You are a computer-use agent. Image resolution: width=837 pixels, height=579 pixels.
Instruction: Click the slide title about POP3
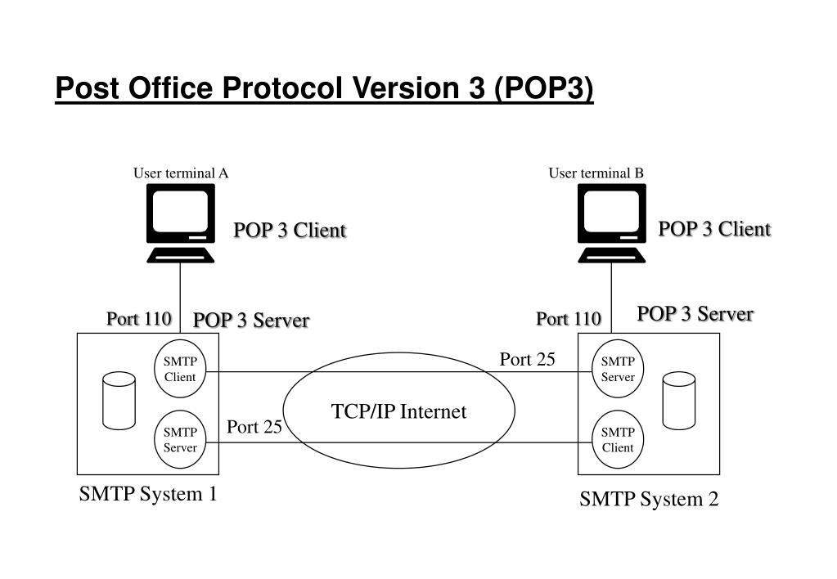(324, 88)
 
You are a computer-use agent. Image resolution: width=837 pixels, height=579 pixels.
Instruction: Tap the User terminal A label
(181, 173)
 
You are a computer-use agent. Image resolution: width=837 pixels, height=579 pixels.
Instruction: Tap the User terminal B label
(596, 173)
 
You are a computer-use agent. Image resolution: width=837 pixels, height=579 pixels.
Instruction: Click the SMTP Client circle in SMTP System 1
(180, 369)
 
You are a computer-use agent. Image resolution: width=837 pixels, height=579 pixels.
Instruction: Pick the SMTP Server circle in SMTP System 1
(180, 440)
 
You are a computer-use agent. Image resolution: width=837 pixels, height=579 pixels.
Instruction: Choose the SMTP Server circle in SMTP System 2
(618, 369)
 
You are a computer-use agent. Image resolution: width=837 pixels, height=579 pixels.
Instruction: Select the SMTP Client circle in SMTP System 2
(618, 440)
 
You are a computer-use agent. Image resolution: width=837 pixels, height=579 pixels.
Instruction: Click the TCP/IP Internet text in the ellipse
(398, 411)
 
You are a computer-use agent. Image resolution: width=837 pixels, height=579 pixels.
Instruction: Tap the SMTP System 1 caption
(148, 494)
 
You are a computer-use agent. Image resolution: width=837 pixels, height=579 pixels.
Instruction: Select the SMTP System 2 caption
(649, 499)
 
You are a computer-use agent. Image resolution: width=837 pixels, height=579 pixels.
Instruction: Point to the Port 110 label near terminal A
(138, 318)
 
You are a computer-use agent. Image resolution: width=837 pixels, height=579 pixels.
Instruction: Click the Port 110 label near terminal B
(569, 318)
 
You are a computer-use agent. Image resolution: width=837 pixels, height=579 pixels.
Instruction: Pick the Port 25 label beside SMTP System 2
(527, 359)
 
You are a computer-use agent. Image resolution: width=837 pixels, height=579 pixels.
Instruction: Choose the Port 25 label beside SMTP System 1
(254, 426)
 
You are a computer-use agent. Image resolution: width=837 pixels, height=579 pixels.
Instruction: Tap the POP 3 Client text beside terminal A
(290, 231)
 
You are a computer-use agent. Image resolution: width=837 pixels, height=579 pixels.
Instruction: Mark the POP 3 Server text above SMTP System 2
(695, 313)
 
